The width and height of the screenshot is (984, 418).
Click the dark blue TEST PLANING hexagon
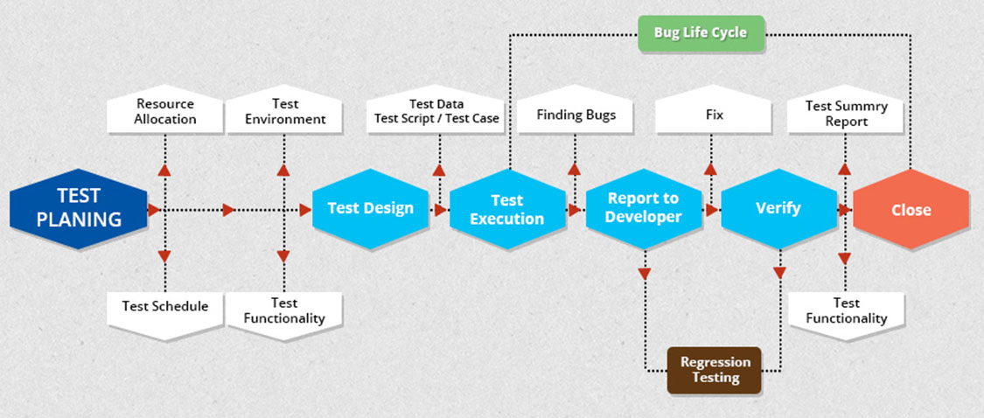(78, 209)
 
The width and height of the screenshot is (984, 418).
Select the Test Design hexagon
(370, 209)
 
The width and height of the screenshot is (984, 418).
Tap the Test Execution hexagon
(506, 210)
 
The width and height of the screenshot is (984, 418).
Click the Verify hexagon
(778, 209)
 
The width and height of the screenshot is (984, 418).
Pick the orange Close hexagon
(911, 210)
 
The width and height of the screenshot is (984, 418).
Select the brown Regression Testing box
(715, 370)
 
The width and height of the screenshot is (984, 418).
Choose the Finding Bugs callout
(576, 115)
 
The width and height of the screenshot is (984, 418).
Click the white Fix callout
(714, 115)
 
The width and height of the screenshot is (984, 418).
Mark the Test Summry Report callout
(846, 114)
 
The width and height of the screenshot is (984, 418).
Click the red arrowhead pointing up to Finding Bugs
(575, 169)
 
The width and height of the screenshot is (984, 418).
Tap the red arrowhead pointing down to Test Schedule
(164, 255)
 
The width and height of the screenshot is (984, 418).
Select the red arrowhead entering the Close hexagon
(845, 210)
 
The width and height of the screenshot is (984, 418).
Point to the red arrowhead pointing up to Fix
(710, 169)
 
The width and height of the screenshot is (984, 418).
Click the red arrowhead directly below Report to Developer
(645, 273)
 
